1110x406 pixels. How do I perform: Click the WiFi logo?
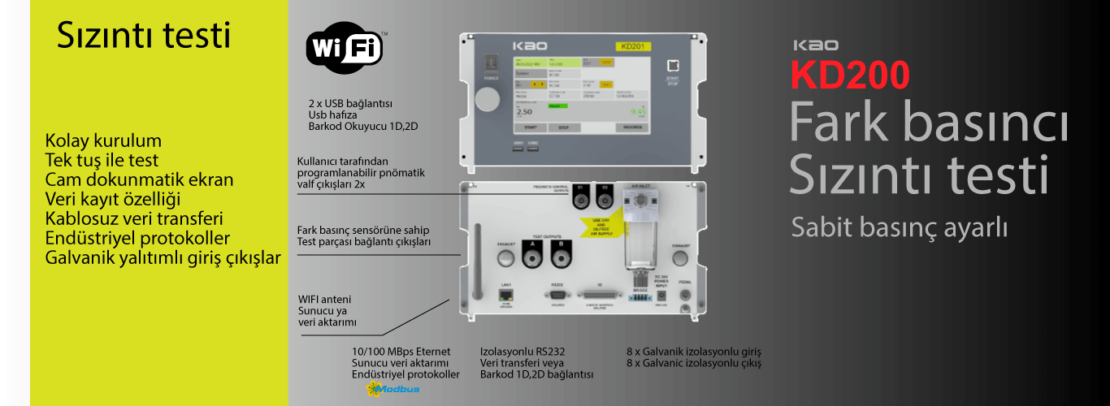tap(344, 47)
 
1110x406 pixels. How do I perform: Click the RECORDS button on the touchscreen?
tap(632, 127)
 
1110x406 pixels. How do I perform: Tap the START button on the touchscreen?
tap(530, 127)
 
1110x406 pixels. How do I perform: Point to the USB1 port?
tap(518, 147)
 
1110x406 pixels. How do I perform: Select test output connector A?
tap(532, 258)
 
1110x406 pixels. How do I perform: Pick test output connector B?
tap(560, 258)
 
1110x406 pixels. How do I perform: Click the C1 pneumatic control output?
tap(580, 195)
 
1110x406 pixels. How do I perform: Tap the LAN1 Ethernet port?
tap(505, 295)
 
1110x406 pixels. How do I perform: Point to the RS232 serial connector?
tap(557, 296)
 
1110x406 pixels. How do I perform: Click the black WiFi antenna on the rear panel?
tap(477, 262)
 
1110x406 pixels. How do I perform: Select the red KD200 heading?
tap(850, 76)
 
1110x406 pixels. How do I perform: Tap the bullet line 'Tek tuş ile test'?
tap(102, 160)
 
